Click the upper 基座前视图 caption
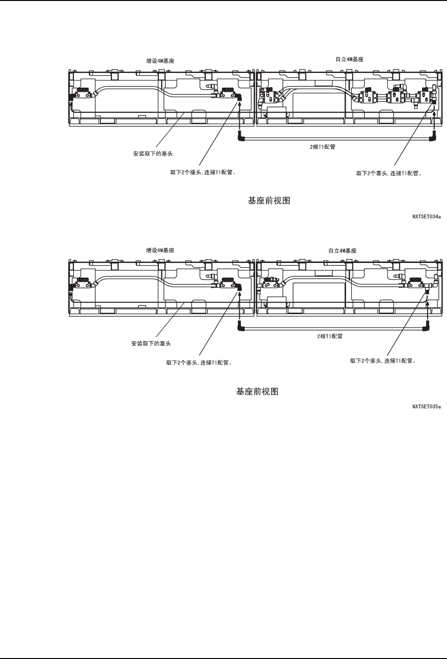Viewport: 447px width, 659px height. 269,201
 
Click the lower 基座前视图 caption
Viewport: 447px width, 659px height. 257,392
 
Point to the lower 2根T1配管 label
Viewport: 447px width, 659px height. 330,336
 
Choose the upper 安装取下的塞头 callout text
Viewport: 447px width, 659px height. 152,154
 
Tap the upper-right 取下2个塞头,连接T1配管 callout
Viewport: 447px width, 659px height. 389,173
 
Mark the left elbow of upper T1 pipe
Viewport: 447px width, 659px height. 241,138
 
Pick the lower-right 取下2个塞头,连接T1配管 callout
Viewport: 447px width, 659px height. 383,361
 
